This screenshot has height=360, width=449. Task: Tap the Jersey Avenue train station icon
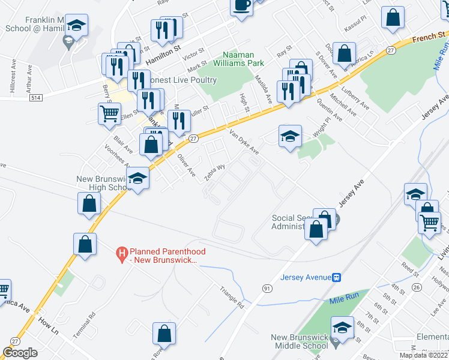337,277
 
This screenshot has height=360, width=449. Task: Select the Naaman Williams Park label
243,58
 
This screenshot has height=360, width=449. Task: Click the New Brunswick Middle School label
300,341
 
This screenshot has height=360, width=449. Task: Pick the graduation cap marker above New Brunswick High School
138,178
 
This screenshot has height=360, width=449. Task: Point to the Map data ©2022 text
423,355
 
